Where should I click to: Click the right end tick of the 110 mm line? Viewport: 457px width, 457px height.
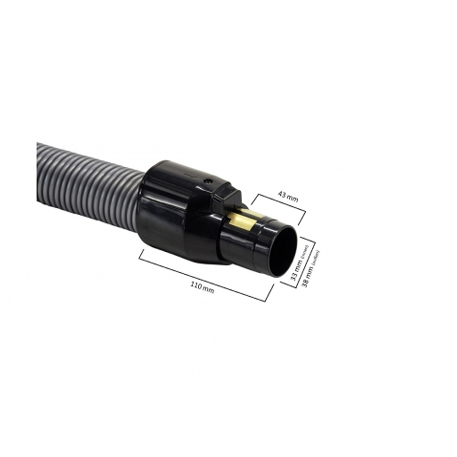(270, 292)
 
